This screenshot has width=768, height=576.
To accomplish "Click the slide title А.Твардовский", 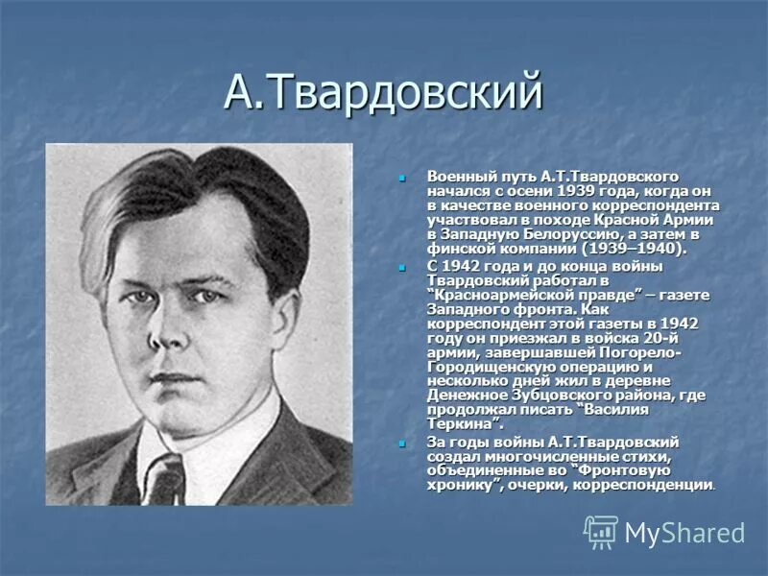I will point(384,92).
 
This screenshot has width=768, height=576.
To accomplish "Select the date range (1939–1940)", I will point(635,248).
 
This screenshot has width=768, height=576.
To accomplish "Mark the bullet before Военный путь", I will point(404,179).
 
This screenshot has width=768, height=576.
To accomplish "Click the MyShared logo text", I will point(684,533).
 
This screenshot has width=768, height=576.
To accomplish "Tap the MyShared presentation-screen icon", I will point(601,532).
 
